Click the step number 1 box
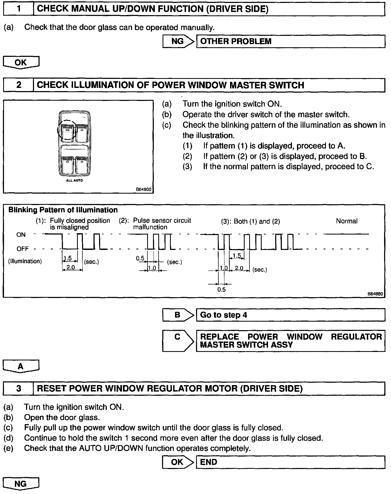19,9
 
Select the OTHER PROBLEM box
291,41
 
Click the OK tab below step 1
21,62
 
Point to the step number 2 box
19,85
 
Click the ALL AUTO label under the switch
74,180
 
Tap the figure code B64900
143,189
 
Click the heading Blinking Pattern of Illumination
63,210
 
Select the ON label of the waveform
21,235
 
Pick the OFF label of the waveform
22,249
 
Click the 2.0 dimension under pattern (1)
70,267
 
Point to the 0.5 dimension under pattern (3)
221,289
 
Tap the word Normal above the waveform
347,221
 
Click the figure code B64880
375,294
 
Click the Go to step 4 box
291,315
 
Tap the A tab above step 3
21,366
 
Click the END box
291,462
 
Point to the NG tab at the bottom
21,484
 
